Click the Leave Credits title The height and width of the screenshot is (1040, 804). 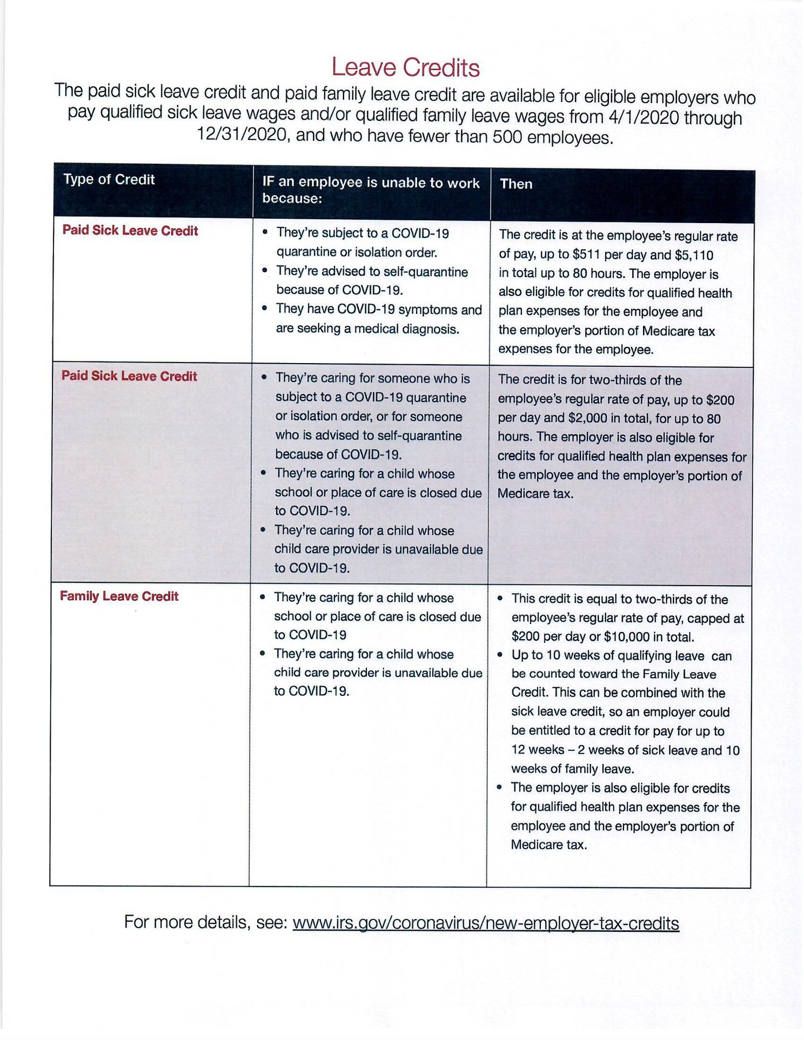coord(405,68)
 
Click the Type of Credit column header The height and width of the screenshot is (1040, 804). coord(109,179)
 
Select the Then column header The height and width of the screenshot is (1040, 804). coord(516,184)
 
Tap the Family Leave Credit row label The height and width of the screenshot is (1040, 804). coord(119,596)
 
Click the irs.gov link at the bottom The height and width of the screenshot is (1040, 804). coord(485,923)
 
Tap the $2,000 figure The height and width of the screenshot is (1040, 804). coord(587,419)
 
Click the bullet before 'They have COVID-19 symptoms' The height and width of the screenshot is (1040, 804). coord(264,308)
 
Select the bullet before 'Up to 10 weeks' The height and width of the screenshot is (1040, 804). coord(500,655)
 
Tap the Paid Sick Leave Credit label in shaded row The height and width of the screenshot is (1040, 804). coord(129,376)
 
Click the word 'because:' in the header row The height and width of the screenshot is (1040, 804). coord(292,198)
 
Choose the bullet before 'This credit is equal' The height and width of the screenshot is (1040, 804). coord(500,599)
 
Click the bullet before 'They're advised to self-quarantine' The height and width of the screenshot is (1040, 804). coord(264,271)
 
